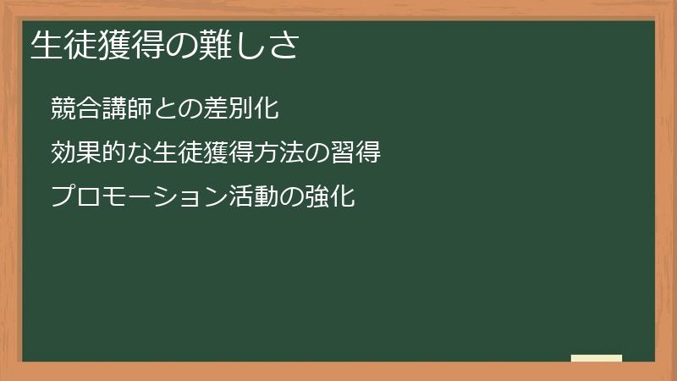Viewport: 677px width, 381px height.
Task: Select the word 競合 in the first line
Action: pos(74,108)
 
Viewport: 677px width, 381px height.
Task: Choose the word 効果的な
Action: pos(95,153)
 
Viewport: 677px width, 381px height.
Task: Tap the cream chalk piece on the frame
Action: pos(596,358)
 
